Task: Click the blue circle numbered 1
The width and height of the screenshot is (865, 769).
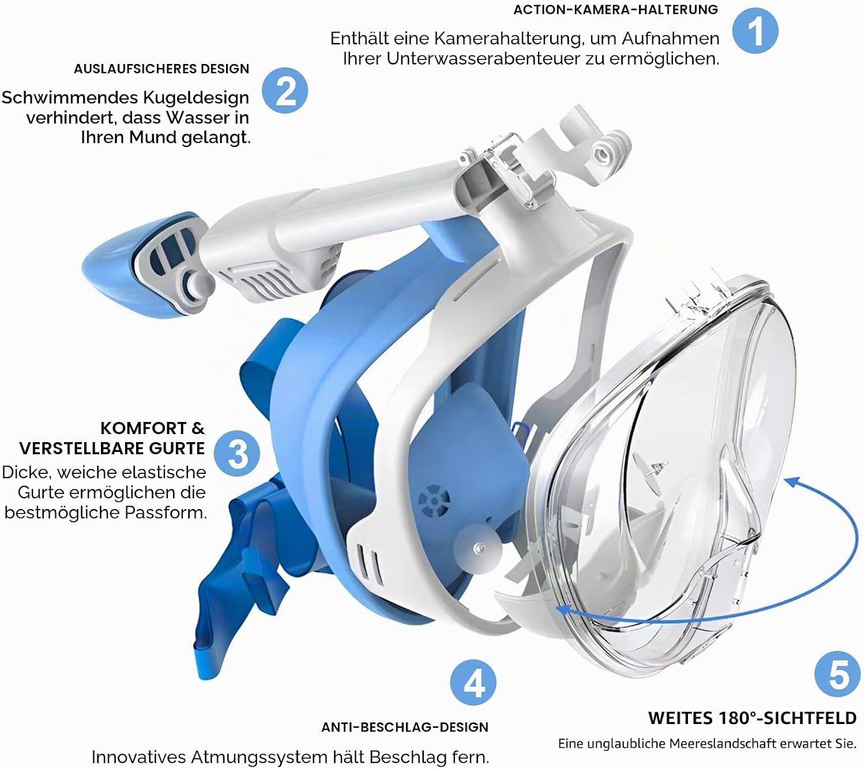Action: (x=755, y=31)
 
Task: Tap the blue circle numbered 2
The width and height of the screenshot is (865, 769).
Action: (x=285, y=91)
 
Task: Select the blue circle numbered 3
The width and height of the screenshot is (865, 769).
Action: (x=237, y=454)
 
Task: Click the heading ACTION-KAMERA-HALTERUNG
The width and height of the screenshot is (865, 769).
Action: (x=616, y=10)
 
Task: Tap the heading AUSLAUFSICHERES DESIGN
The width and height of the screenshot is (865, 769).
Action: (x=161, y=69)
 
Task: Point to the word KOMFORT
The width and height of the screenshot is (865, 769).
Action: (x=144, y=428)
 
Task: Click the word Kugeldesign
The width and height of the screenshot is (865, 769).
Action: (x=196, y=99)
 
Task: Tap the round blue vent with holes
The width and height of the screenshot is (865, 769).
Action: (x=433, y=500)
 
